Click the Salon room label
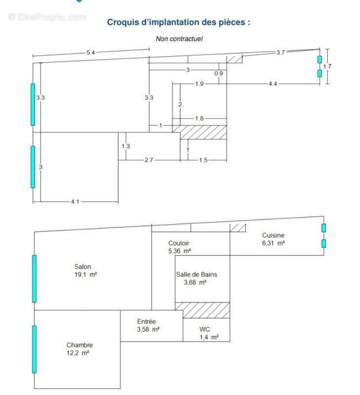click(82, 267)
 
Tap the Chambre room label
click(80, 345)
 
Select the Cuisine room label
click(273, 236)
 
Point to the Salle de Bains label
click(197, 275)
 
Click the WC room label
click(204, 329)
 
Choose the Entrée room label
click(146, 321)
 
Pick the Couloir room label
click(179, 243)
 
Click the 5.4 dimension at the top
click(91, 52)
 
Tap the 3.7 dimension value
click(280, 52)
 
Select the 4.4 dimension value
click(273, 83)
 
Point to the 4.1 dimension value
click(75, 201)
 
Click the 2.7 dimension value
click(149, 160)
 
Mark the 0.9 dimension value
click(219, 73)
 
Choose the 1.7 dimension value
click(327, 66)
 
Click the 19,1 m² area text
click(85, 275)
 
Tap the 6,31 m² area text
click(274, 243)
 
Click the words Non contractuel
click(179, 39)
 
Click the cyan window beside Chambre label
click(34, 349)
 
